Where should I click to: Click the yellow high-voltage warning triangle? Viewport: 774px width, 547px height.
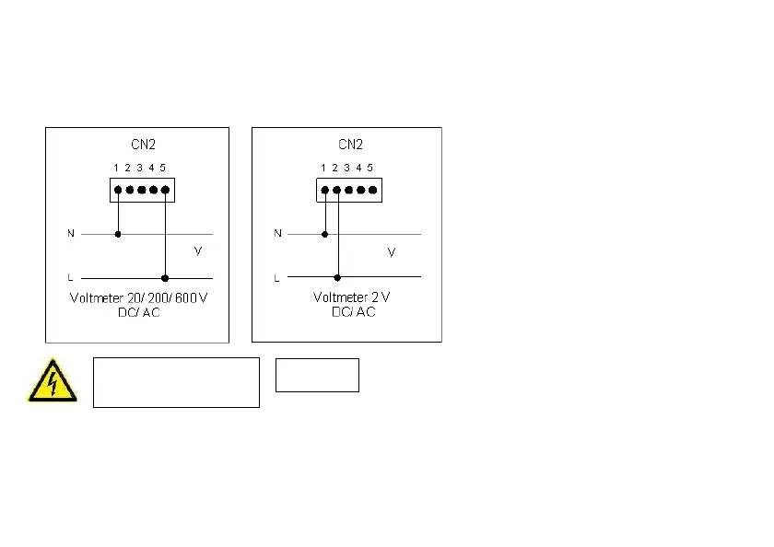click(52, 380)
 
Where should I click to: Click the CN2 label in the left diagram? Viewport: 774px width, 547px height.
click(144, 145)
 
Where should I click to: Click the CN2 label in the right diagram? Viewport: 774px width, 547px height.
click(350, 145)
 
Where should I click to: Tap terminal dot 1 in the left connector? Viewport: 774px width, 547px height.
click(118, 191)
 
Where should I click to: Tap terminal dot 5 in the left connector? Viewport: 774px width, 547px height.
click(165, 191)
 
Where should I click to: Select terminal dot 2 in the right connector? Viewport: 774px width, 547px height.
click(337, 191)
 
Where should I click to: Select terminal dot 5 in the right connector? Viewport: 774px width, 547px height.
click(372, 191)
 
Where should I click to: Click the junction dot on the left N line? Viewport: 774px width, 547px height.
click(118, 234)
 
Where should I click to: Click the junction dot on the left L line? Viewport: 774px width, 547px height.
click(165, 277)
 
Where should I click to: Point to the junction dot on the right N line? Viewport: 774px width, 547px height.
click(324, 234)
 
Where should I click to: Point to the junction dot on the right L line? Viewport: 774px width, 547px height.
click(337, 277)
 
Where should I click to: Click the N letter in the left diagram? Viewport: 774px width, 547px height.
click(71, 234)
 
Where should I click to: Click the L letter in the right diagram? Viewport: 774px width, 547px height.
click(277, 277)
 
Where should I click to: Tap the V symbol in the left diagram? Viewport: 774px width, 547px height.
click(197, 250)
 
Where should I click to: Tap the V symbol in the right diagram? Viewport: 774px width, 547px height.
click(392, 251)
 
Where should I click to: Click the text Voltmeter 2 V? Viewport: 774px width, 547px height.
click(352, 298)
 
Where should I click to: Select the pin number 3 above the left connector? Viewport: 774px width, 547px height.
click(139, 168)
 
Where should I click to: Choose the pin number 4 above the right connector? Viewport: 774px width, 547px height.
click(358, 168)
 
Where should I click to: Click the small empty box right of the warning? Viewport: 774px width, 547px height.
click(317, 375)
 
